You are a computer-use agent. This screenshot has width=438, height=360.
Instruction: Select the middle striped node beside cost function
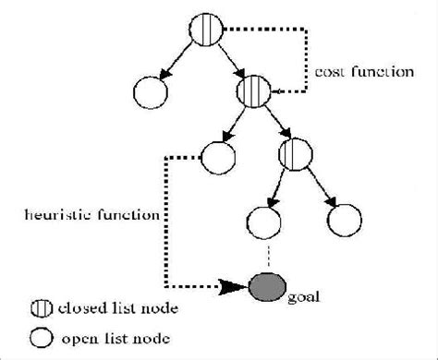251,92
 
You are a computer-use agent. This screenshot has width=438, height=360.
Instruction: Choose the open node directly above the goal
264,222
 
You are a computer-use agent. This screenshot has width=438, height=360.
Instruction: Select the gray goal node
266,285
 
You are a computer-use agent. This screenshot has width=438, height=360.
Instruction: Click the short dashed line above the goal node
265,255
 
